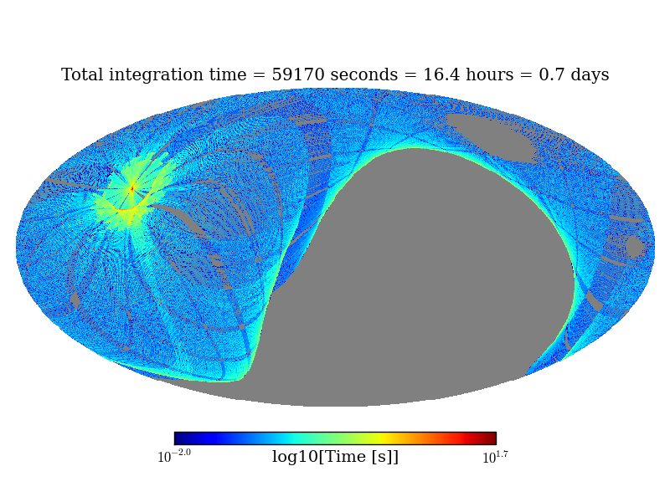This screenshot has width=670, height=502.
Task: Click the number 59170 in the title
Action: click(x=298, y=75)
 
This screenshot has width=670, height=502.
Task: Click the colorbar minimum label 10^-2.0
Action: click(x=174, y=457)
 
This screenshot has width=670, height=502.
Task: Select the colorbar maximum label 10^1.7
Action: click(x=495, y=457)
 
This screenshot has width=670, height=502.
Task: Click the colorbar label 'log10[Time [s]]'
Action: click(x=335, y=457)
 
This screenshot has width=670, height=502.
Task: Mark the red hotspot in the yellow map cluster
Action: click(x=131, y=188)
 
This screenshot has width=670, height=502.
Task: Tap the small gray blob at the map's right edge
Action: click(x=635, y=247)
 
